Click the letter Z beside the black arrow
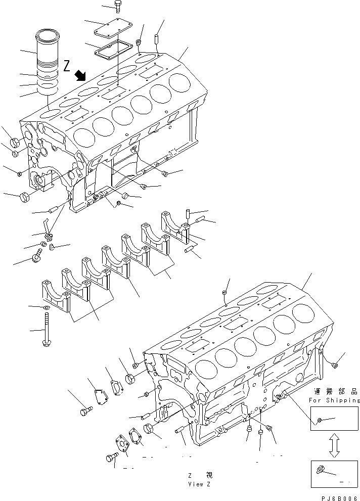67,66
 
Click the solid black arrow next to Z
80,76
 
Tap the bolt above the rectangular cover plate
118,7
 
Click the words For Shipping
333,400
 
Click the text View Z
198,484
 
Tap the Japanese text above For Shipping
334,392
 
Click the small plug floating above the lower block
224,293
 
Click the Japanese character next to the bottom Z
208,475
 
